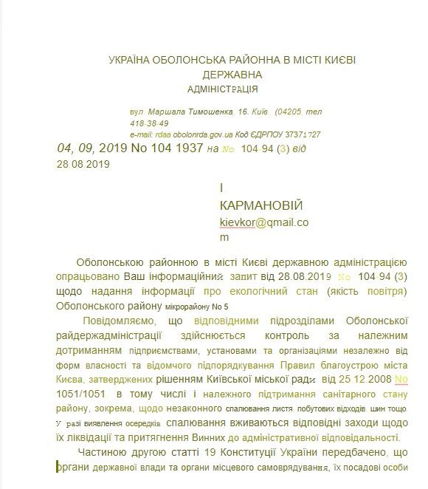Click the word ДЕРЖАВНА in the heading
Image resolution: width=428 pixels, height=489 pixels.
231,75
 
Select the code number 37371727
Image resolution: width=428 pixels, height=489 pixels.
303,135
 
